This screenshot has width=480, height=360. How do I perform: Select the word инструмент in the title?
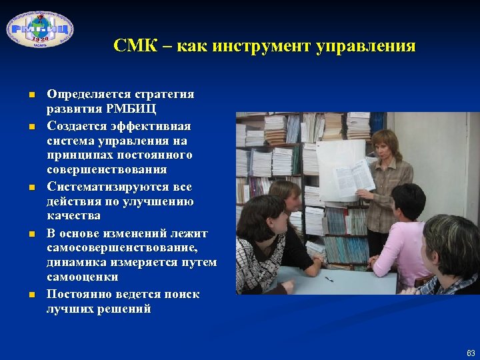click(x=253, y=46)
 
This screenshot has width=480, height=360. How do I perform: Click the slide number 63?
click(x=471, y=351)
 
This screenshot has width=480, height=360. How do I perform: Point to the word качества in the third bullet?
click(x=73, y=216)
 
